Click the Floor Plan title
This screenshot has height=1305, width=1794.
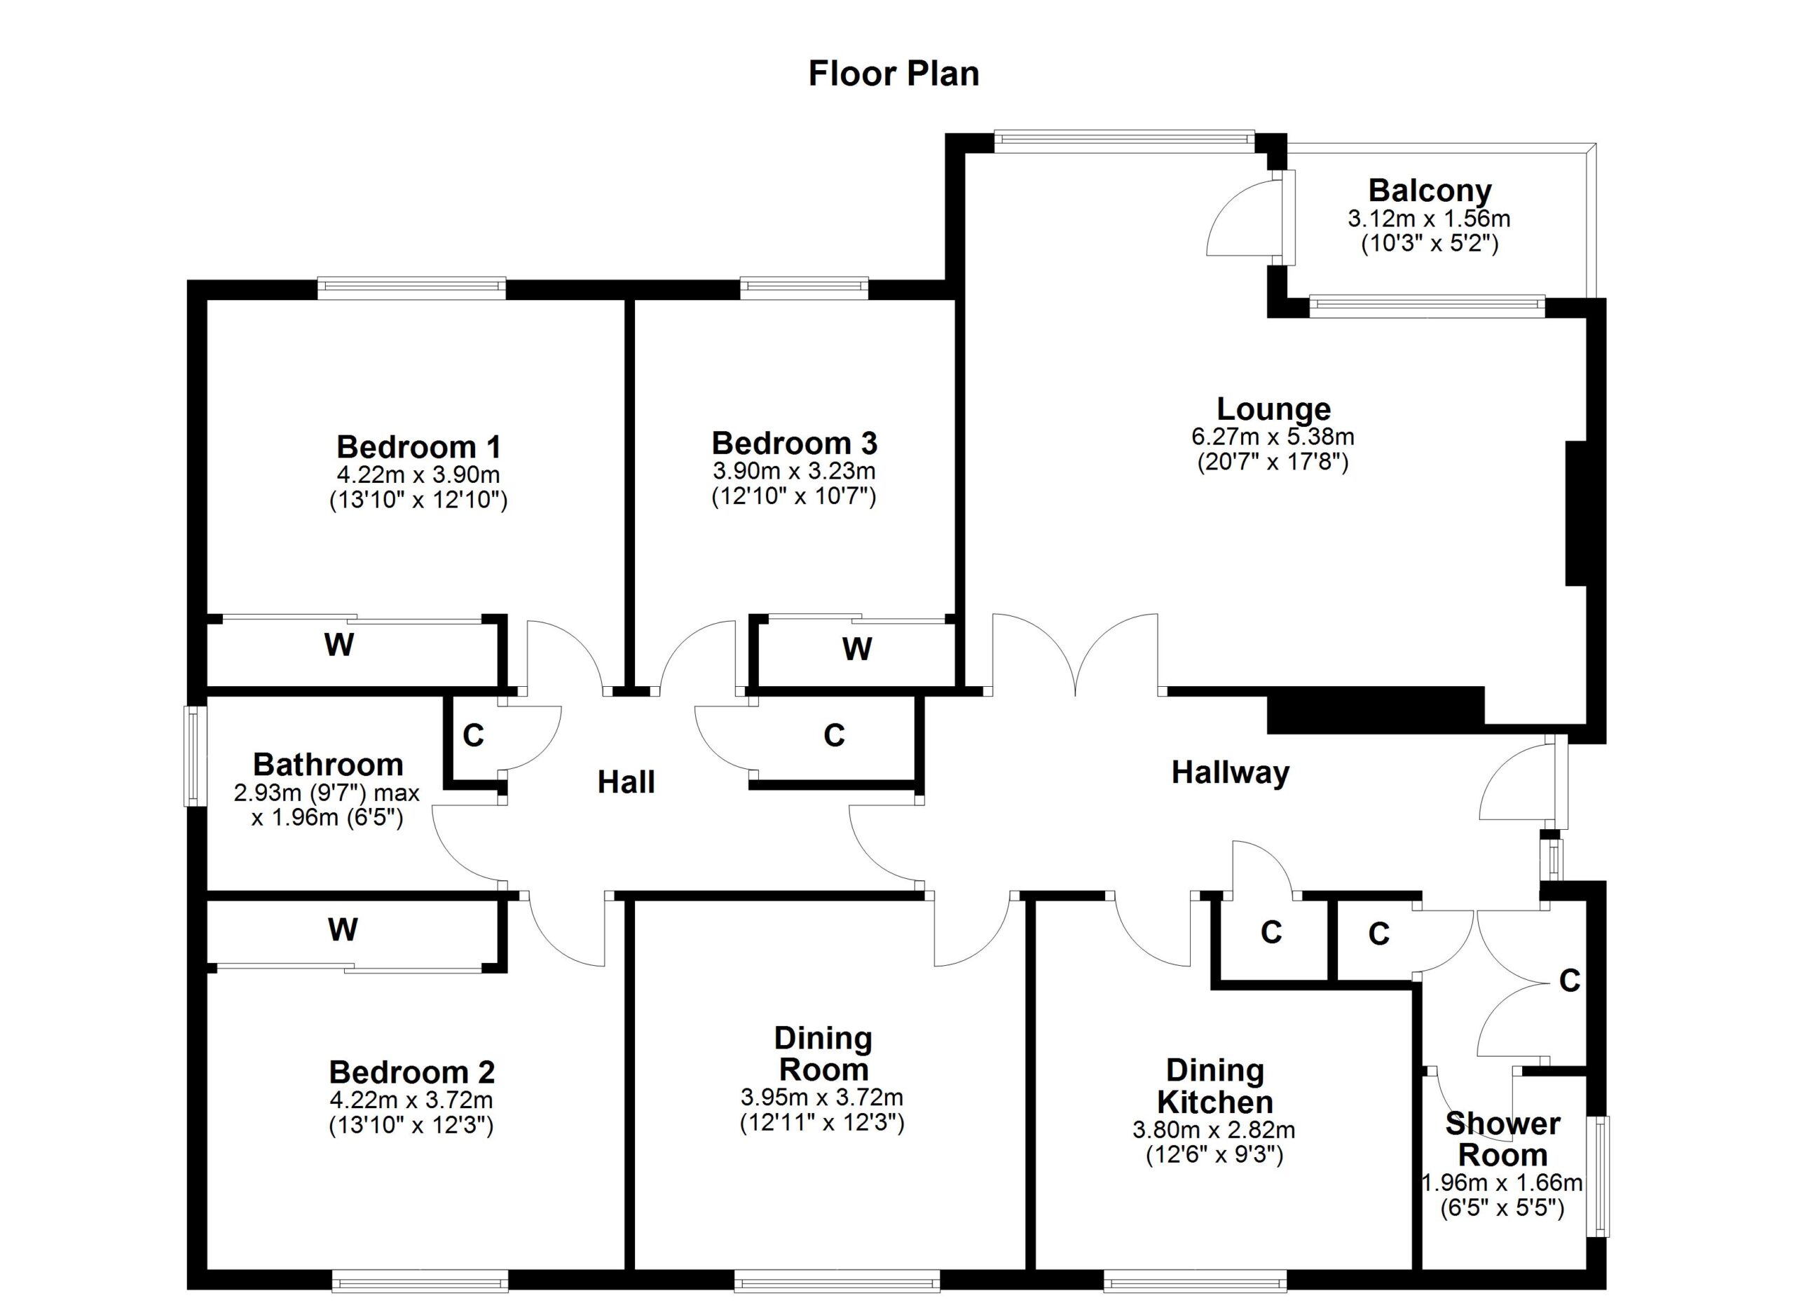[893, 74]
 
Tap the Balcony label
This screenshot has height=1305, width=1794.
[1430, 191]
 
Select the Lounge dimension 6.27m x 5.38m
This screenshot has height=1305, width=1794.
[1272, 436]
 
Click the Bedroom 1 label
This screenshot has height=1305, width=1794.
[418, 447]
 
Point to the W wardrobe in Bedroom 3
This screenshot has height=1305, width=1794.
[856, 649]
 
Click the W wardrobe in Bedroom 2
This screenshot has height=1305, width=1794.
[343, 929]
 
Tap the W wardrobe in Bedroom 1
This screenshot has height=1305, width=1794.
[338, 645]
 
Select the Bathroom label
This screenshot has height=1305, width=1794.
[328, 764]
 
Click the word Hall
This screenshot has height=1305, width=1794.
[626, 782]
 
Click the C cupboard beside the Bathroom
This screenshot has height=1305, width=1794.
[473, 735]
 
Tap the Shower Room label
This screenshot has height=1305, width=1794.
[1501, 1139]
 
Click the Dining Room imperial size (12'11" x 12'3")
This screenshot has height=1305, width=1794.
[821, 1123]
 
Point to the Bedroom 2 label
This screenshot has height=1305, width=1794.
[411, 1072]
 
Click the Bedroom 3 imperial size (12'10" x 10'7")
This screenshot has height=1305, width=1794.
[793, 497]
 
